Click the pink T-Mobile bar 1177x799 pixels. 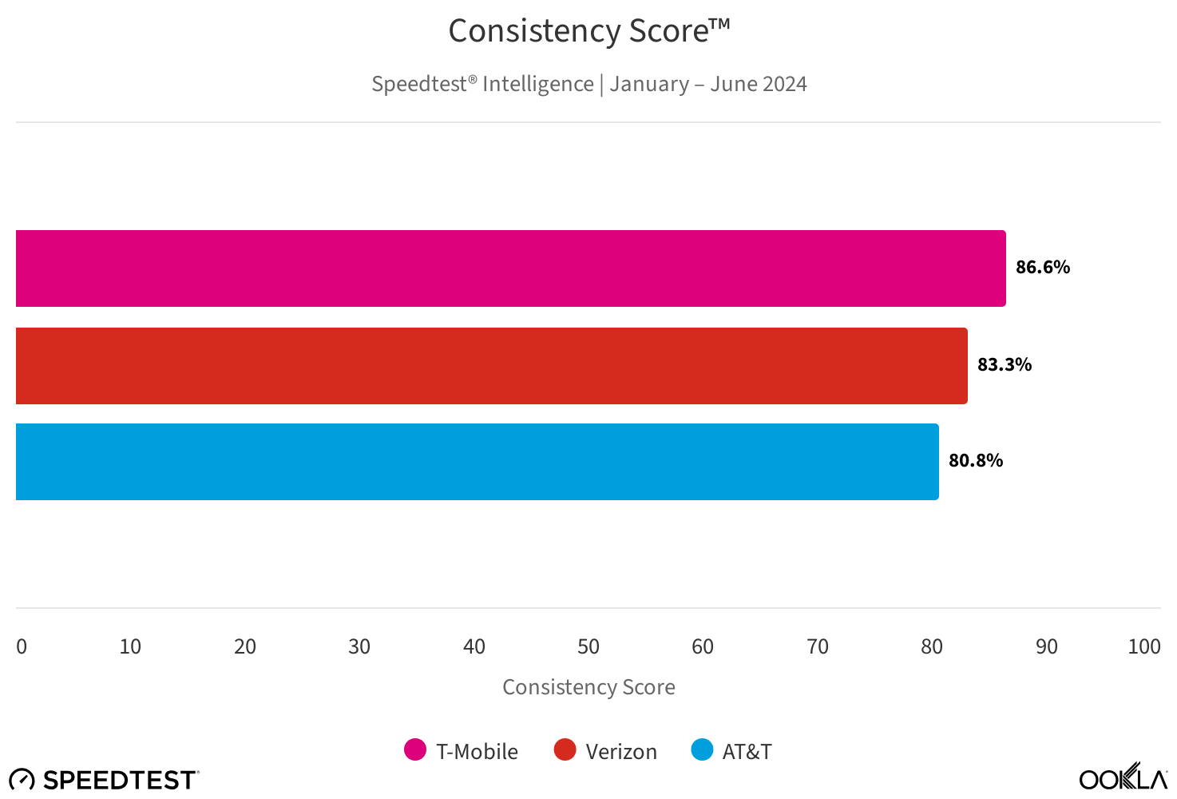coord(511,268)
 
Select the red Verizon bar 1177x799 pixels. coord(492,366)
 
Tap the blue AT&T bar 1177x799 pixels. coord(478,462)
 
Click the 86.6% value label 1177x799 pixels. coord(1042,268)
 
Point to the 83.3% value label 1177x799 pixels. coord(1004,365)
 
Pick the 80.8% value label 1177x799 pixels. coord(975,461)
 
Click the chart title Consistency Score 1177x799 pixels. coord(588,32)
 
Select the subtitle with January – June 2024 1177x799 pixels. coord(588,85)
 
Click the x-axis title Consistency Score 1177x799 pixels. coord(588,687)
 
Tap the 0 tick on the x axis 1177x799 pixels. coord(22,647)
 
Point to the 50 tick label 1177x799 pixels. coord(588,647)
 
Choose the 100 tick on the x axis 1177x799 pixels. coord(1143,647)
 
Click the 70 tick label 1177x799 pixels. coord(817,647)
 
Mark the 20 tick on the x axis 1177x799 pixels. coord(245,647)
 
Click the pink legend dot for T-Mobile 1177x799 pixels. coord(415,750)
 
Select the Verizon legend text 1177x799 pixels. coord(621,752)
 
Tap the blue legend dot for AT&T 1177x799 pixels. coord(702,750)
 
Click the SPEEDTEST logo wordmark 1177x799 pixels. coord(120,780)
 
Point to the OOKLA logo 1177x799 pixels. coord(1123,777)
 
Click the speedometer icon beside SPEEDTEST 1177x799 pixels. coord(22,780)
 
